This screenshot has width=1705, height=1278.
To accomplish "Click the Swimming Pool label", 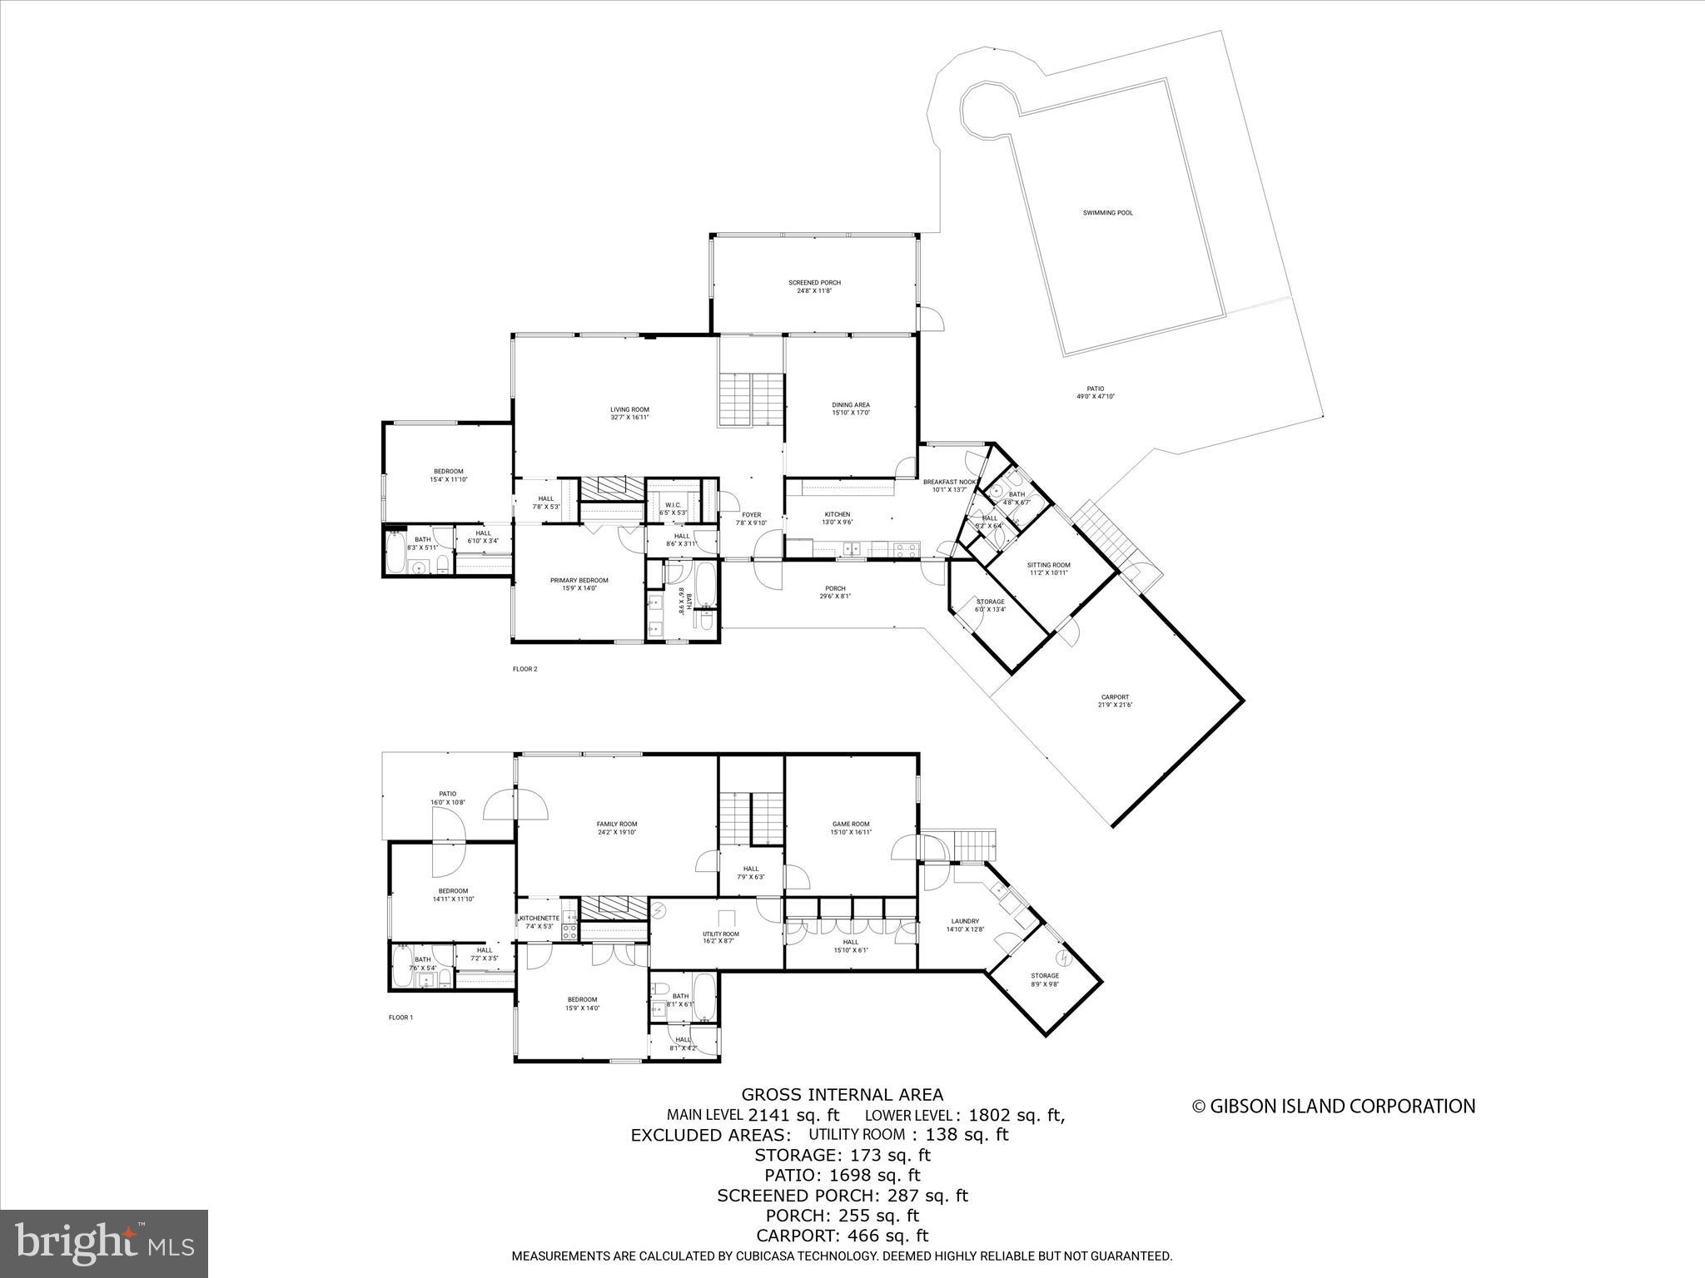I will click(x=1107, y=213).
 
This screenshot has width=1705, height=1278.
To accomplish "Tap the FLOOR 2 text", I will click(x=524, y=668).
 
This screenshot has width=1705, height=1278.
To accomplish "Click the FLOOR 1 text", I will click(x=400, y=1018).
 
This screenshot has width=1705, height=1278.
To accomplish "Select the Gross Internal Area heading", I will click(x=843, y=1095).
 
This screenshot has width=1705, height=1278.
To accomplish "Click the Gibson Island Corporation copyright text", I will click(x=1334, y=1106).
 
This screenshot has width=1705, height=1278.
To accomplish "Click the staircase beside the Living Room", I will click(x=752, y=399).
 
